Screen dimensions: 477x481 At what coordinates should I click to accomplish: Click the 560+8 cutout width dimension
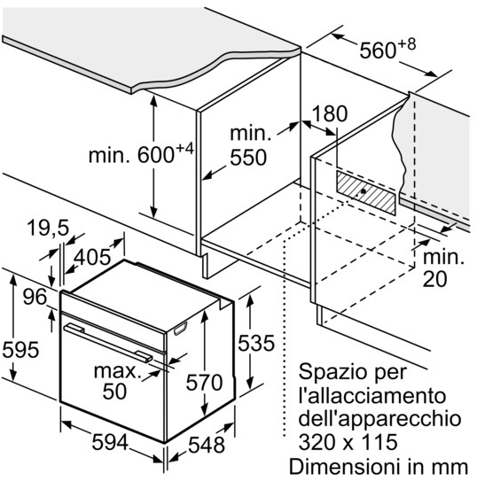coord(387,49)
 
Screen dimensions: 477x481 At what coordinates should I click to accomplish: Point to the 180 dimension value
coord(329,113)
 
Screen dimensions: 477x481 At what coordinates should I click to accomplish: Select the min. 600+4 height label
coord(142,154)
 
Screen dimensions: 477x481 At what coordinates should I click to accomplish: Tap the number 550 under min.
coord(248,158)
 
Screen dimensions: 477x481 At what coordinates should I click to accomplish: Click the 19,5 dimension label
coord(48,228)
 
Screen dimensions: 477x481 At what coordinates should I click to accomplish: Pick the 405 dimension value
coord(92,257)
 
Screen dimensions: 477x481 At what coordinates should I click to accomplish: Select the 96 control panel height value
coord(35,297)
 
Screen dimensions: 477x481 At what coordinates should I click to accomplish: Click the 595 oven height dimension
coord(20,350)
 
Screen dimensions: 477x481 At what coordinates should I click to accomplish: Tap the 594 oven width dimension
coord(110,443)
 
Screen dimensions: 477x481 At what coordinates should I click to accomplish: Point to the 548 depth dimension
coord(207,445)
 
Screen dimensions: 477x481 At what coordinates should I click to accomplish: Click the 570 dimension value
coord(204,383)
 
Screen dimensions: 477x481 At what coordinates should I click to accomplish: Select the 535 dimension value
coord(256,343)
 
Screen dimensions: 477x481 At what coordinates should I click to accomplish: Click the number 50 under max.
coord(114,392)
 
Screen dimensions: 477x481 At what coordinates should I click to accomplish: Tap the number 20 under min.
coord(435,279)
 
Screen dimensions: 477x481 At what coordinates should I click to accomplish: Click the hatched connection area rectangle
coord(366,192)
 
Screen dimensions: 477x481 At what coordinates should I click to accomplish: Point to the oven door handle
coord(108,342)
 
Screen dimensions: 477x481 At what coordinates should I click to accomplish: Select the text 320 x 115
coord(348,442)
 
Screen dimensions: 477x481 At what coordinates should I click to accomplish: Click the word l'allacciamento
coord(372,396)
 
